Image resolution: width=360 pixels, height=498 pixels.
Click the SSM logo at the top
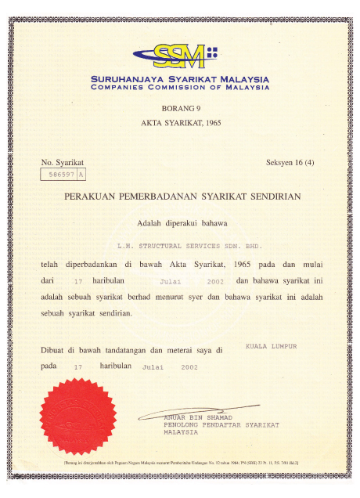click(180, 54)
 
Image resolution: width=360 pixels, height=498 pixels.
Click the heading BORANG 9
click(180, 110)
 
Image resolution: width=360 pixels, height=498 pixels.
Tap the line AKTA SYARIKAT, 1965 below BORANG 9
click(180, 124)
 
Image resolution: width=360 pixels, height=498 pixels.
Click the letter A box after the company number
click(82, 175)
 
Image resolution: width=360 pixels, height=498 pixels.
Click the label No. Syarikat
click(62, 162)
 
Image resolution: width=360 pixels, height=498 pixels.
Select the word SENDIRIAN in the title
click(270, 199)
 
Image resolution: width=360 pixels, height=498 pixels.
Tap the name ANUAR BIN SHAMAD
click(196, 417)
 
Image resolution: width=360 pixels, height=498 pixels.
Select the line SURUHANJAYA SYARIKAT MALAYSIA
click(180, 79)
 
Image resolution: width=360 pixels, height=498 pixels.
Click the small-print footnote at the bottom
click(181, 462)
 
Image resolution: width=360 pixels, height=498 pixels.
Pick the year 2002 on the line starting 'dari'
click(216, 280)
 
